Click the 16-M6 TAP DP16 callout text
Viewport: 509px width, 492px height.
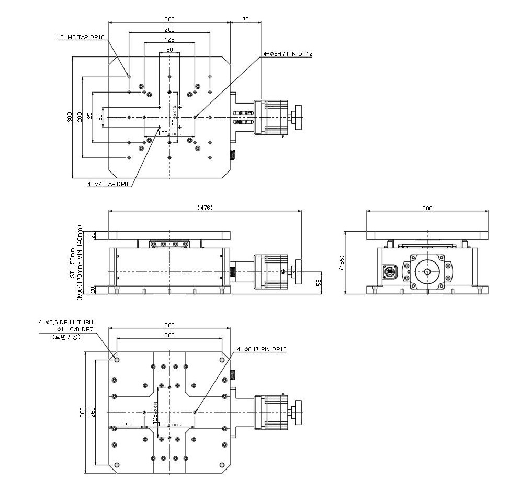[81, 38]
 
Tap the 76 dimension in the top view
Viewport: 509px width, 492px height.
[245, 19]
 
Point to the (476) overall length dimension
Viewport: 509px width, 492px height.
[205, 208]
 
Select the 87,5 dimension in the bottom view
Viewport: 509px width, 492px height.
[126, 424]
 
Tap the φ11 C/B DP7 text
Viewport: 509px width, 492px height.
[73, 329]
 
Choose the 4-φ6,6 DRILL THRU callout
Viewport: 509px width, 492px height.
[67, 322]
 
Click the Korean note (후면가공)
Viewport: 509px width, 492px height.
[66, 337]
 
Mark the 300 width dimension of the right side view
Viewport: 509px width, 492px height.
[427, 208]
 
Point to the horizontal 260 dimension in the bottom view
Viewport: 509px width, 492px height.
[169, 335]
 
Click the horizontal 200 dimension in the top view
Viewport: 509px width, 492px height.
[169, 30]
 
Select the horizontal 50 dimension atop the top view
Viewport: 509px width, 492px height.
[169, 50]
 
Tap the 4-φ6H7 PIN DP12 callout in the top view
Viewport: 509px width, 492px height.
[288, 54]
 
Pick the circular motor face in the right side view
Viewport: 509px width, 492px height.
[427, 272]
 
